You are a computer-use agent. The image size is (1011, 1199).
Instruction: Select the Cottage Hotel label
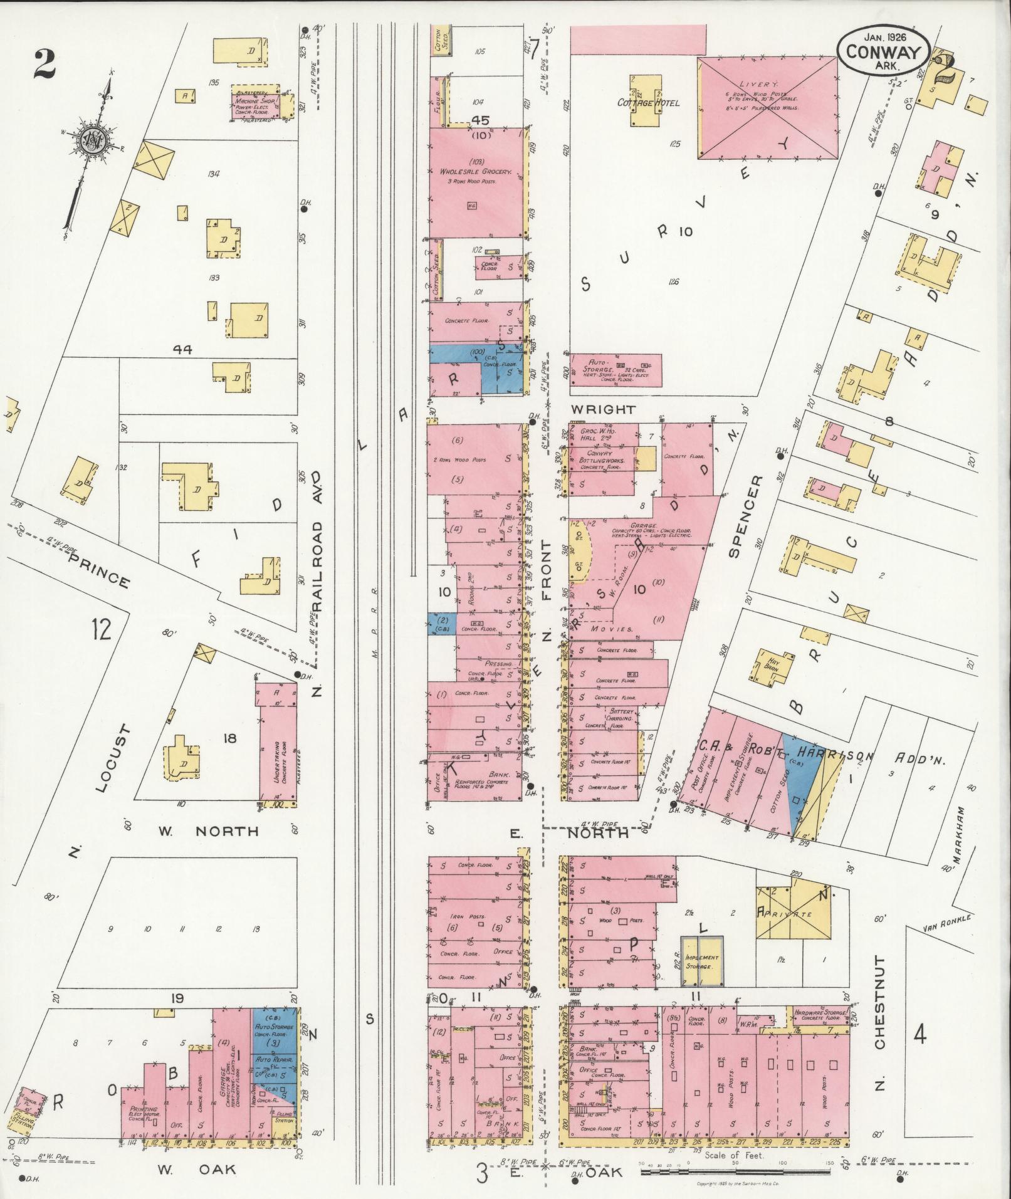[648, 103]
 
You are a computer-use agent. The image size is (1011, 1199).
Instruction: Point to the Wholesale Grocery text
[476, 171]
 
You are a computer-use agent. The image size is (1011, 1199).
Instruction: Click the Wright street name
[603, 409]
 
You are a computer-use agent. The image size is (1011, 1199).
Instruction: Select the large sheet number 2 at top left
[45, 64]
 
